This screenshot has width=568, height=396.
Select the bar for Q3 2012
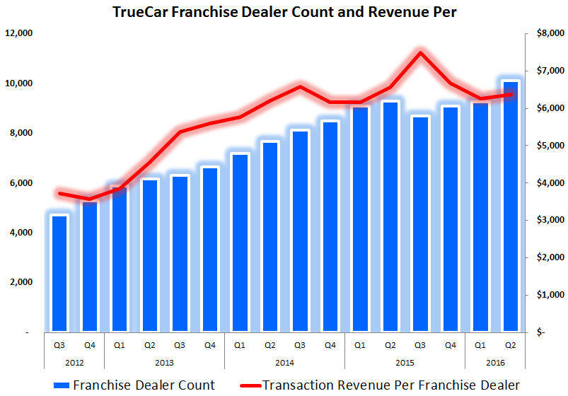tap(59, 273)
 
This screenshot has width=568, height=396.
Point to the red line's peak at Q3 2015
tap(420, 52)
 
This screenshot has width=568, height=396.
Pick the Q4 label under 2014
tap(330, 345)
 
